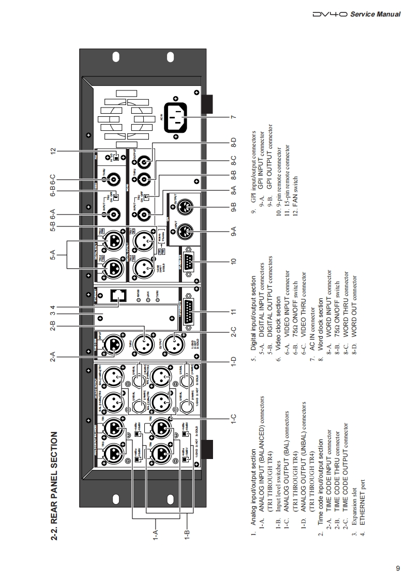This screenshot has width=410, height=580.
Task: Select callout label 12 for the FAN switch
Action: [x=53, y=151]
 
